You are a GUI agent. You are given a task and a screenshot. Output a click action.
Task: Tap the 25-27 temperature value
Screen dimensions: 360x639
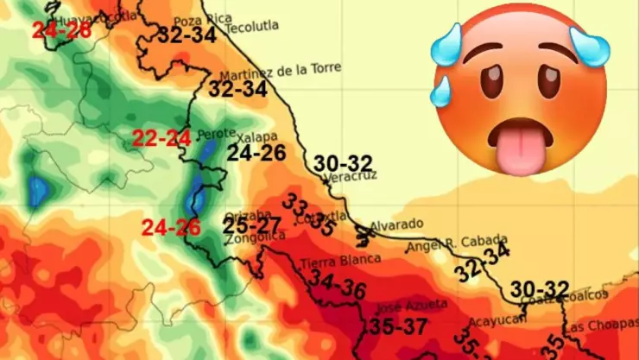click(252, 226)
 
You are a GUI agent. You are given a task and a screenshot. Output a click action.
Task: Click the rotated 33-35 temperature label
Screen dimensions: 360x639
click(309, 214)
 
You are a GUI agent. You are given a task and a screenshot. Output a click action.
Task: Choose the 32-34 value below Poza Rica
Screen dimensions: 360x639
click(187, 35)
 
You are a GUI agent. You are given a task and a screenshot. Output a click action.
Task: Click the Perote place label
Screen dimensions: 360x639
click(216, 135)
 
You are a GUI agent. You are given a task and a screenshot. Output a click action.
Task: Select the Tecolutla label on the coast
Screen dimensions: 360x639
click(252, 27)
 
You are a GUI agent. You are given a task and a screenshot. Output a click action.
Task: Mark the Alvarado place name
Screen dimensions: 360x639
click(396, 224)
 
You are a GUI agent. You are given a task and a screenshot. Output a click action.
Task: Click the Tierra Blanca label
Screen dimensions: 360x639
click(340, 260)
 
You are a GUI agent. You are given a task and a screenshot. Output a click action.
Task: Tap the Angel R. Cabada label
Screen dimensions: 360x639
click(457, 243)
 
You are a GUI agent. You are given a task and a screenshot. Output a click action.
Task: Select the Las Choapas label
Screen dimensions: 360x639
click(600, 326)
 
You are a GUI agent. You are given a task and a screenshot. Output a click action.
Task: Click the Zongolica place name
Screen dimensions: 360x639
click(251, 243)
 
